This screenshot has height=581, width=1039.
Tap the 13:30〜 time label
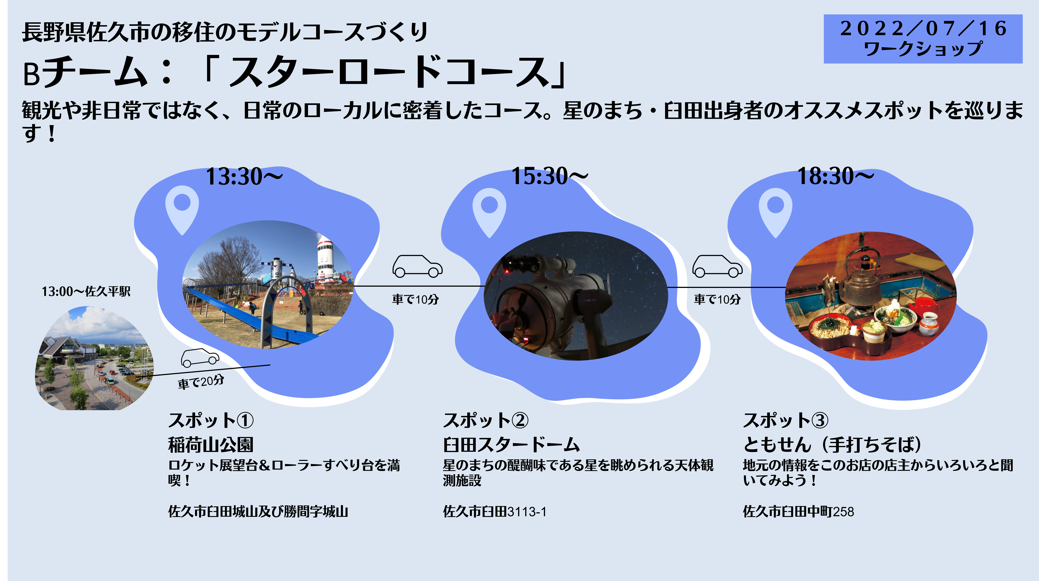coord(244,177)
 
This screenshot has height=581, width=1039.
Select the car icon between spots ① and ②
coord(417,266)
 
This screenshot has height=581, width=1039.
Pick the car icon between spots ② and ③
coord(717,266)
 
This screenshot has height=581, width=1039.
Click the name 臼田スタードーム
coord(511,445)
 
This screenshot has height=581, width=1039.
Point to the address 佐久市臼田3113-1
coord(494,512)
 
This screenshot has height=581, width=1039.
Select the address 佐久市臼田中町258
coord(798,512)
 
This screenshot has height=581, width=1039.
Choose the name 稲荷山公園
coord(210,445)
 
